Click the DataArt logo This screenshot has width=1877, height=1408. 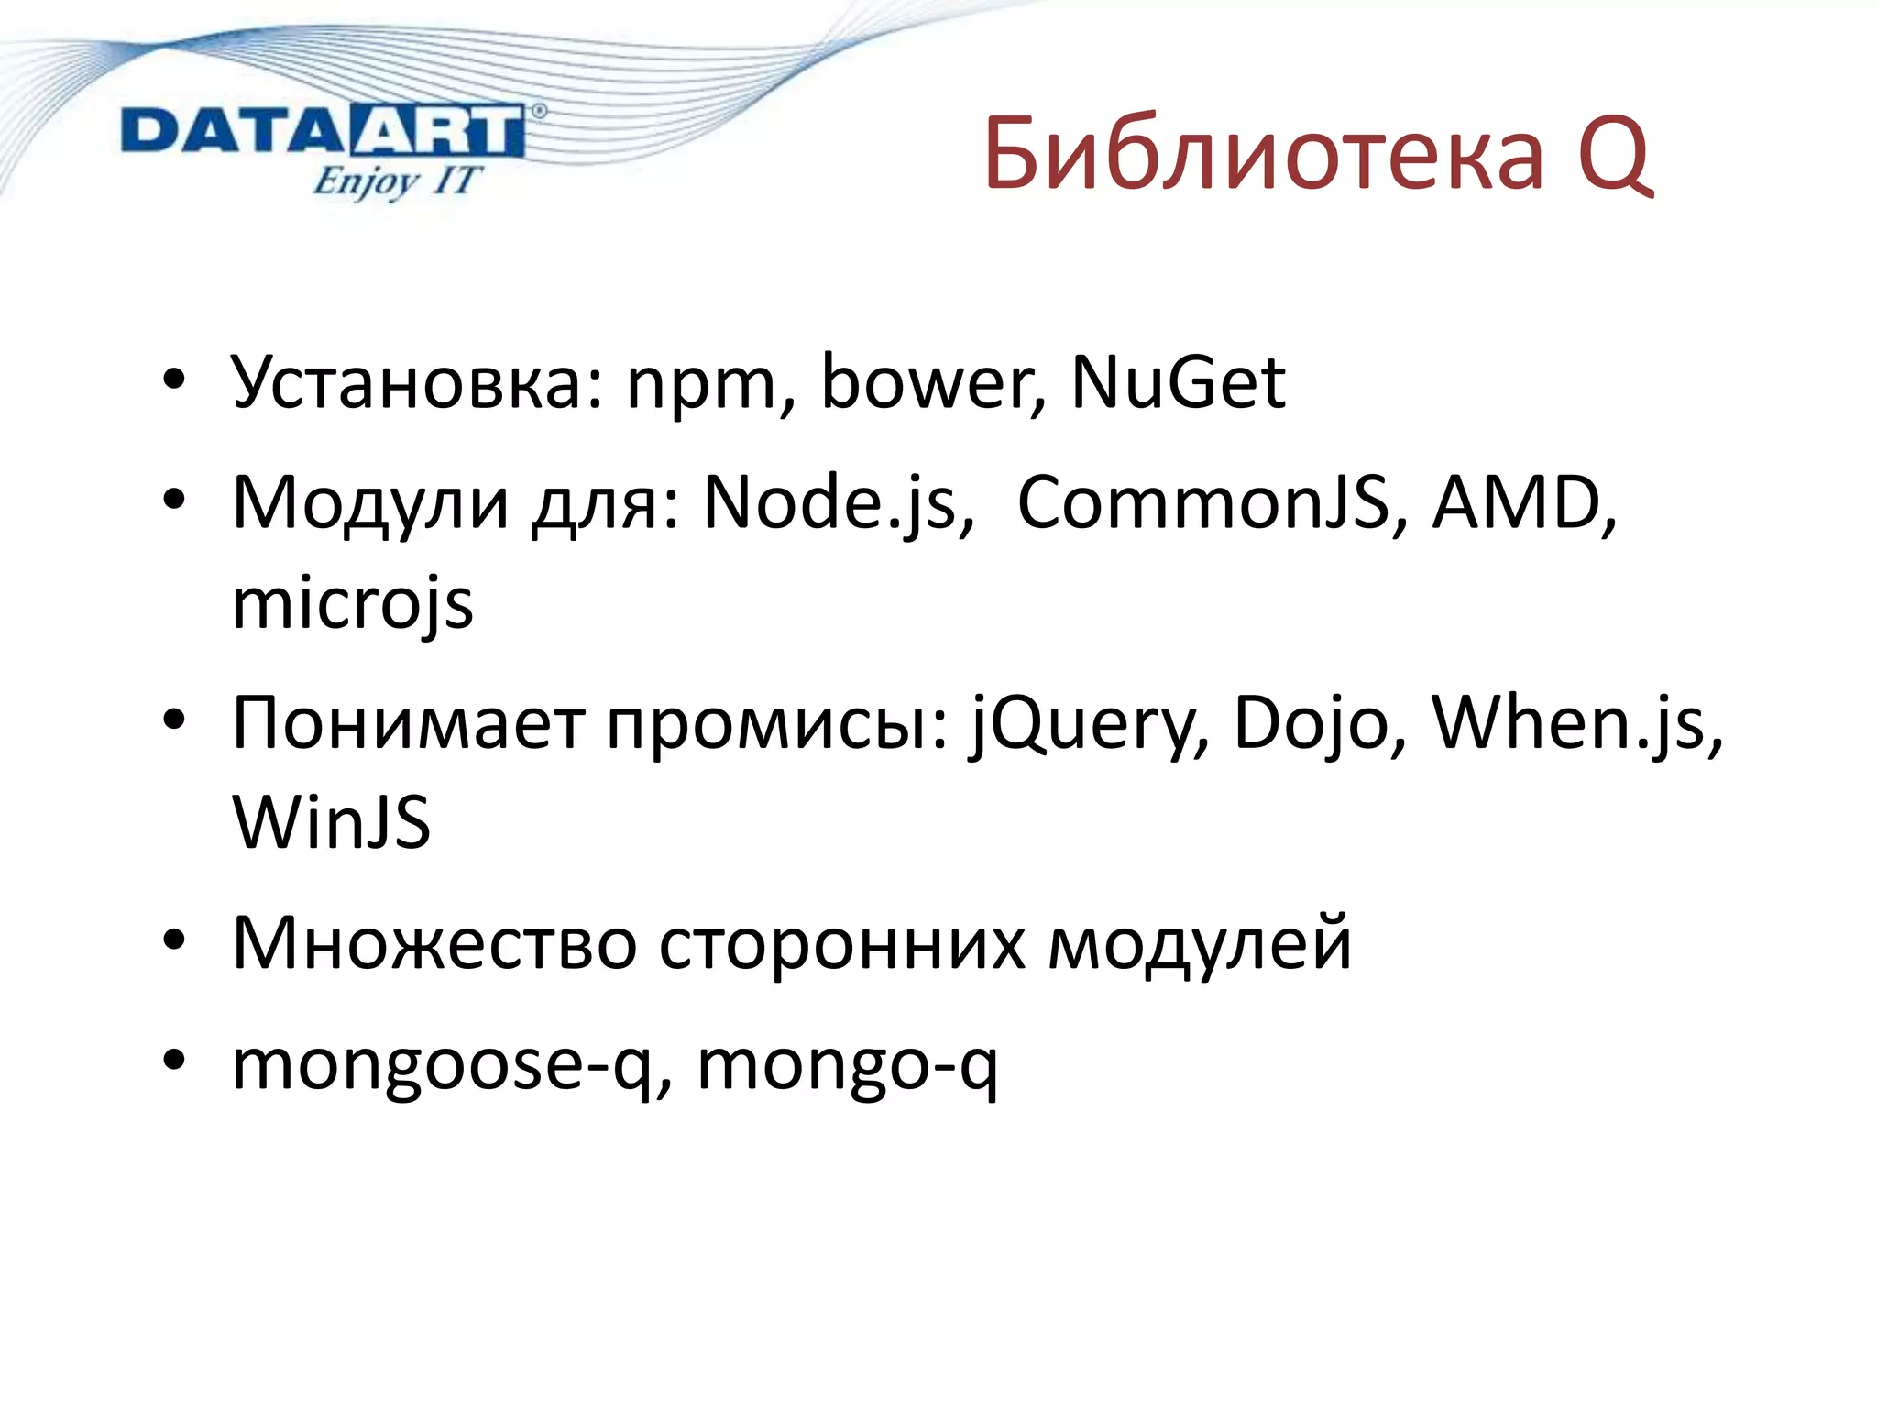[x=323, y=132]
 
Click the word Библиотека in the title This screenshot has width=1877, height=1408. [x=1263, y=154]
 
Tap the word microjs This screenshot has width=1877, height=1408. [x=353, y=605]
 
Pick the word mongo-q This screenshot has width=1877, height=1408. [x=847, y=1065]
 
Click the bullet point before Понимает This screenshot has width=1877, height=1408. [x=174, y=720]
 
